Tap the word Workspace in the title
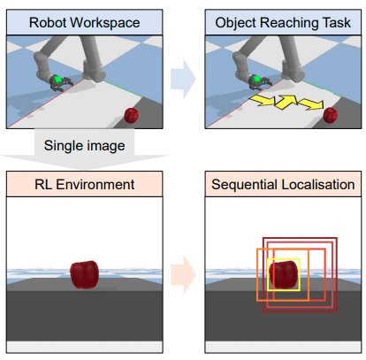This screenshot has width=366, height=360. [105, 23]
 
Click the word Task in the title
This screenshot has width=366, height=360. [337, 23]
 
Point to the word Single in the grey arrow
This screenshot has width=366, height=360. [63, 146]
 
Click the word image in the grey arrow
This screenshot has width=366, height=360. [105, 146]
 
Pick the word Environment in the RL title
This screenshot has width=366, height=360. [95, 185]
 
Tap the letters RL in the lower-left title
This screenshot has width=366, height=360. [43, 185]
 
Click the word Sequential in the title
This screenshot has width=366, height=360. [245, 185]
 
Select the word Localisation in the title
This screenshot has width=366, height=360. [318, 185]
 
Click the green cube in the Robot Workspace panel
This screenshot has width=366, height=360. [58, 80]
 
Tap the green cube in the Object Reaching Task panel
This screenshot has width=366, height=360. [257, 79]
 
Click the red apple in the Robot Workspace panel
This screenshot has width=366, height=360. [132, 116]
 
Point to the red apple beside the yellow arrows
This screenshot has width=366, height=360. [331, 115]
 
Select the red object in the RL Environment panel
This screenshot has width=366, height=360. [85, 274]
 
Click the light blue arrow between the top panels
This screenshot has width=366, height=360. [183, 79]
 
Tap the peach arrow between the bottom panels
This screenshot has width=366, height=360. [183, 275]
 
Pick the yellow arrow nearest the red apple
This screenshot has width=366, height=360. [311, 104]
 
